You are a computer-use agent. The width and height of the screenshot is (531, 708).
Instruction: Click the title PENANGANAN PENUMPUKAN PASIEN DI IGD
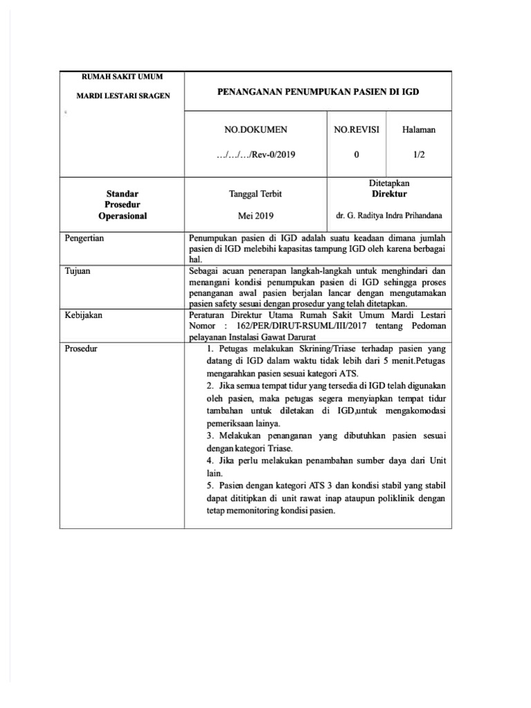319,91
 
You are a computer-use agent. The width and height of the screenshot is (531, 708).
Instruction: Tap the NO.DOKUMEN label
257,129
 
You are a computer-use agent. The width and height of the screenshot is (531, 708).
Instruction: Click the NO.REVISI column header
357,129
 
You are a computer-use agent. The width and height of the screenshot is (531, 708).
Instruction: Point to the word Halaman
418,129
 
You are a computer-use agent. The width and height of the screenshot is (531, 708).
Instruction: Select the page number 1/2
418,155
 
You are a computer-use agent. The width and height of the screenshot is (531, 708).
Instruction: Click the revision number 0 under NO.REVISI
357,155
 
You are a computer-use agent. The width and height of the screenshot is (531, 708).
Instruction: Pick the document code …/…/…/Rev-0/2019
256,155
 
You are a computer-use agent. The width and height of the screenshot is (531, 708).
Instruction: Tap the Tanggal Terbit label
256,194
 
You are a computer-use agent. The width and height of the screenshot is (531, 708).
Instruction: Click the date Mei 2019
256,216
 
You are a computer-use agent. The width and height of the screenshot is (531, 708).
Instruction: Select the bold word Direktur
389,194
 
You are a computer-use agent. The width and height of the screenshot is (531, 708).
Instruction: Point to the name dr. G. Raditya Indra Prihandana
389,216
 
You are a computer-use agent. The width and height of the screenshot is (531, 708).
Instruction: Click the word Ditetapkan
389,183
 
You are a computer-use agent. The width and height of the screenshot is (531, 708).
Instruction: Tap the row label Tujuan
77,271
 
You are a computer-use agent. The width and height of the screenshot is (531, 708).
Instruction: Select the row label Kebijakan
84,315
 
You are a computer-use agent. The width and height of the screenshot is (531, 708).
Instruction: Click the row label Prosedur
82,348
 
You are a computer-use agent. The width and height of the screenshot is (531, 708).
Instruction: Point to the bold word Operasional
123,216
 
